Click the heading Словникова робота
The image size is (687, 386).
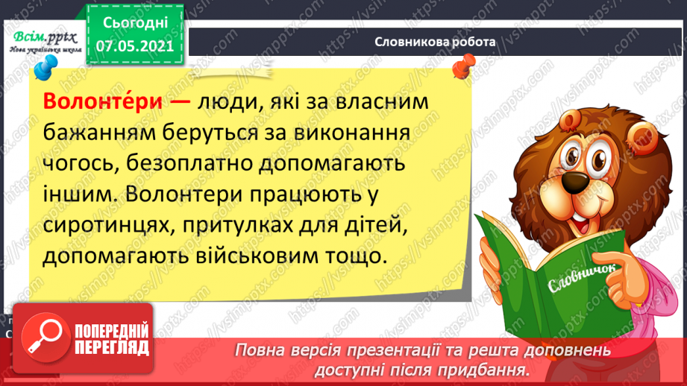pyautogui.click(x=436, y=42)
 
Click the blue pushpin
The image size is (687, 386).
pyautogui.click(x=46, y=66)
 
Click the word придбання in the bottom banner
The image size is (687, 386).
pyautogui.click(x=489, y=369)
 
